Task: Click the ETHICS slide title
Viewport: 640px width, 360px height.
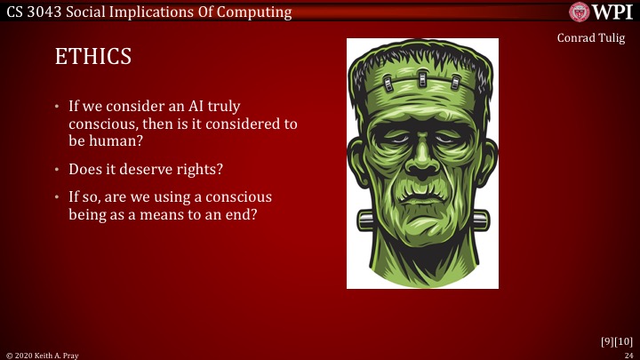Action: click(93, 57)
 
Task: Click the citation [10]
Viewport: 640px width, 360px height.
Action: click(624, 341)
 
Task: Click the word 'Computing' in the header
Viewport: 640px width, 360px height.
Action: click(253, 12)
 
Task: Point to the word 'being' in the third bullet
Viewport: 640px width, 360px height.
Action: click(88, 214)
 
